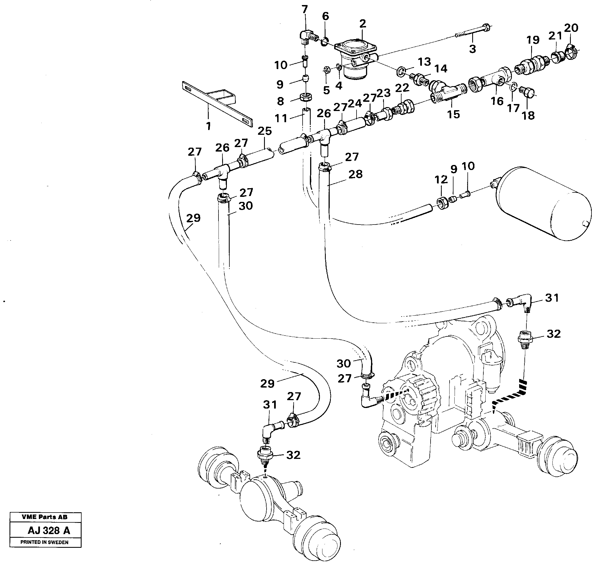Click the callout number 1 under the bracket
point(208,126)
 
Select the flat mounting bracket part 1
point(213,102)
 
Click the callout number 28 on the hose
point(355,174)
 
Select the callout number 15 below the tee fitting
point(453,114)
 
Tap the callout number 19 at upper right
point(533,40)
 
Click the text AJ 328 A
point(49,530)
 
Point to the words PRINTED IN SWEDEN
point(44,542)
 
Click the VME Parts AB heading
point(44,517)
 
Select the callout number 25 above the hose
point(264,131)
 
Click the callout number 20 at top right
point(571,28)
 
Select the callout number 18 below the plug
point(528,115)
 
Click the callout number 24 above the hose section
point(355,104)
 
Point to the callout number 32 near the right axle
point(554,334)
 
